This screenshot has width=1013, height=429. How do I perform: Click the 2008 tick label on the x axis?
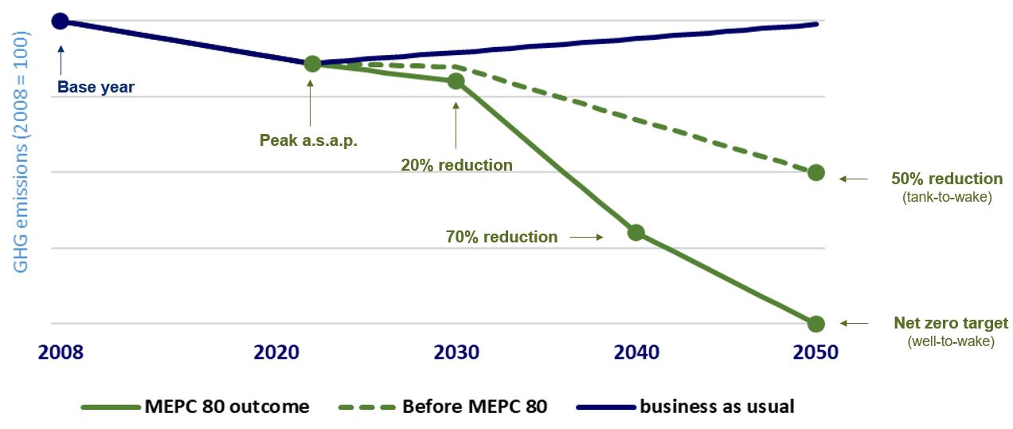[60, 352]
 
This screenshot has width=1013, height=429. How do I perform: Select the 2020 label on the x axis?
[276, 352]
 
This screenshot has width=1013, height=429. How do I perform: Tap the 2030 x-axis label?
[456, 352]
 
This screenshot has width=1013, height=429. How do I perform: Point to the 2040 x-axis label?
[636, 352]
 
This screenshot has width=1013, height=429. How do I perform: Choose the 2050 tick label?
[815, 352]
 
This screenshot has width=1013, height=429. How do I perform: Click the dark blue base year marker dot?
[60, 21]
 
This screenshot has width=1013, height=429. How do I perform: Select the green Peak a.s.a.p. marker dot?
[312, 64]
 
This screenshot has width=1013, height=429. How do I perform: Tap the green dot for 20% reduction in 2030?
[456, 81]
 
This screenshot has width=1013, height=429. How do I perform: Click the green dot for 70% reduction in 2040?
[636, 233]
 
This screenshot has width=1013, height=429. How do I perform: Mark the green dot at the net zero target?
[815, 324]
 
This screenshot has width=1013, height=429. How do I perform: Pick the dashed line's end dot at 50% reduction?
[815, 172]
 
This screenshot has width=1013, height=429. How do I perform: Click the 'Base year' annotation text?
[96, 88]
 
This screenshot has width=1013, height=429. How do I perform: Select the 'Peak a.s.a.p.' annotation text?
[308, 140]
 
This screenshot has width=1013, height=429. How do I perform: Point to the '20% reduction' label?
[457, 165]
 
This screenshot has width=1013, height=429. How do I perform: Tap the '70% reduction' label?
[503, 237]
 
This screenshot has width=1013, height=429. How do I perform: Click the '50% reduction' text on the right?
[946, 179]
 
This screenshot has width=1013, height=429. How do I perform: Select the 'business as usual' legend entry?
[716, 407]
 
